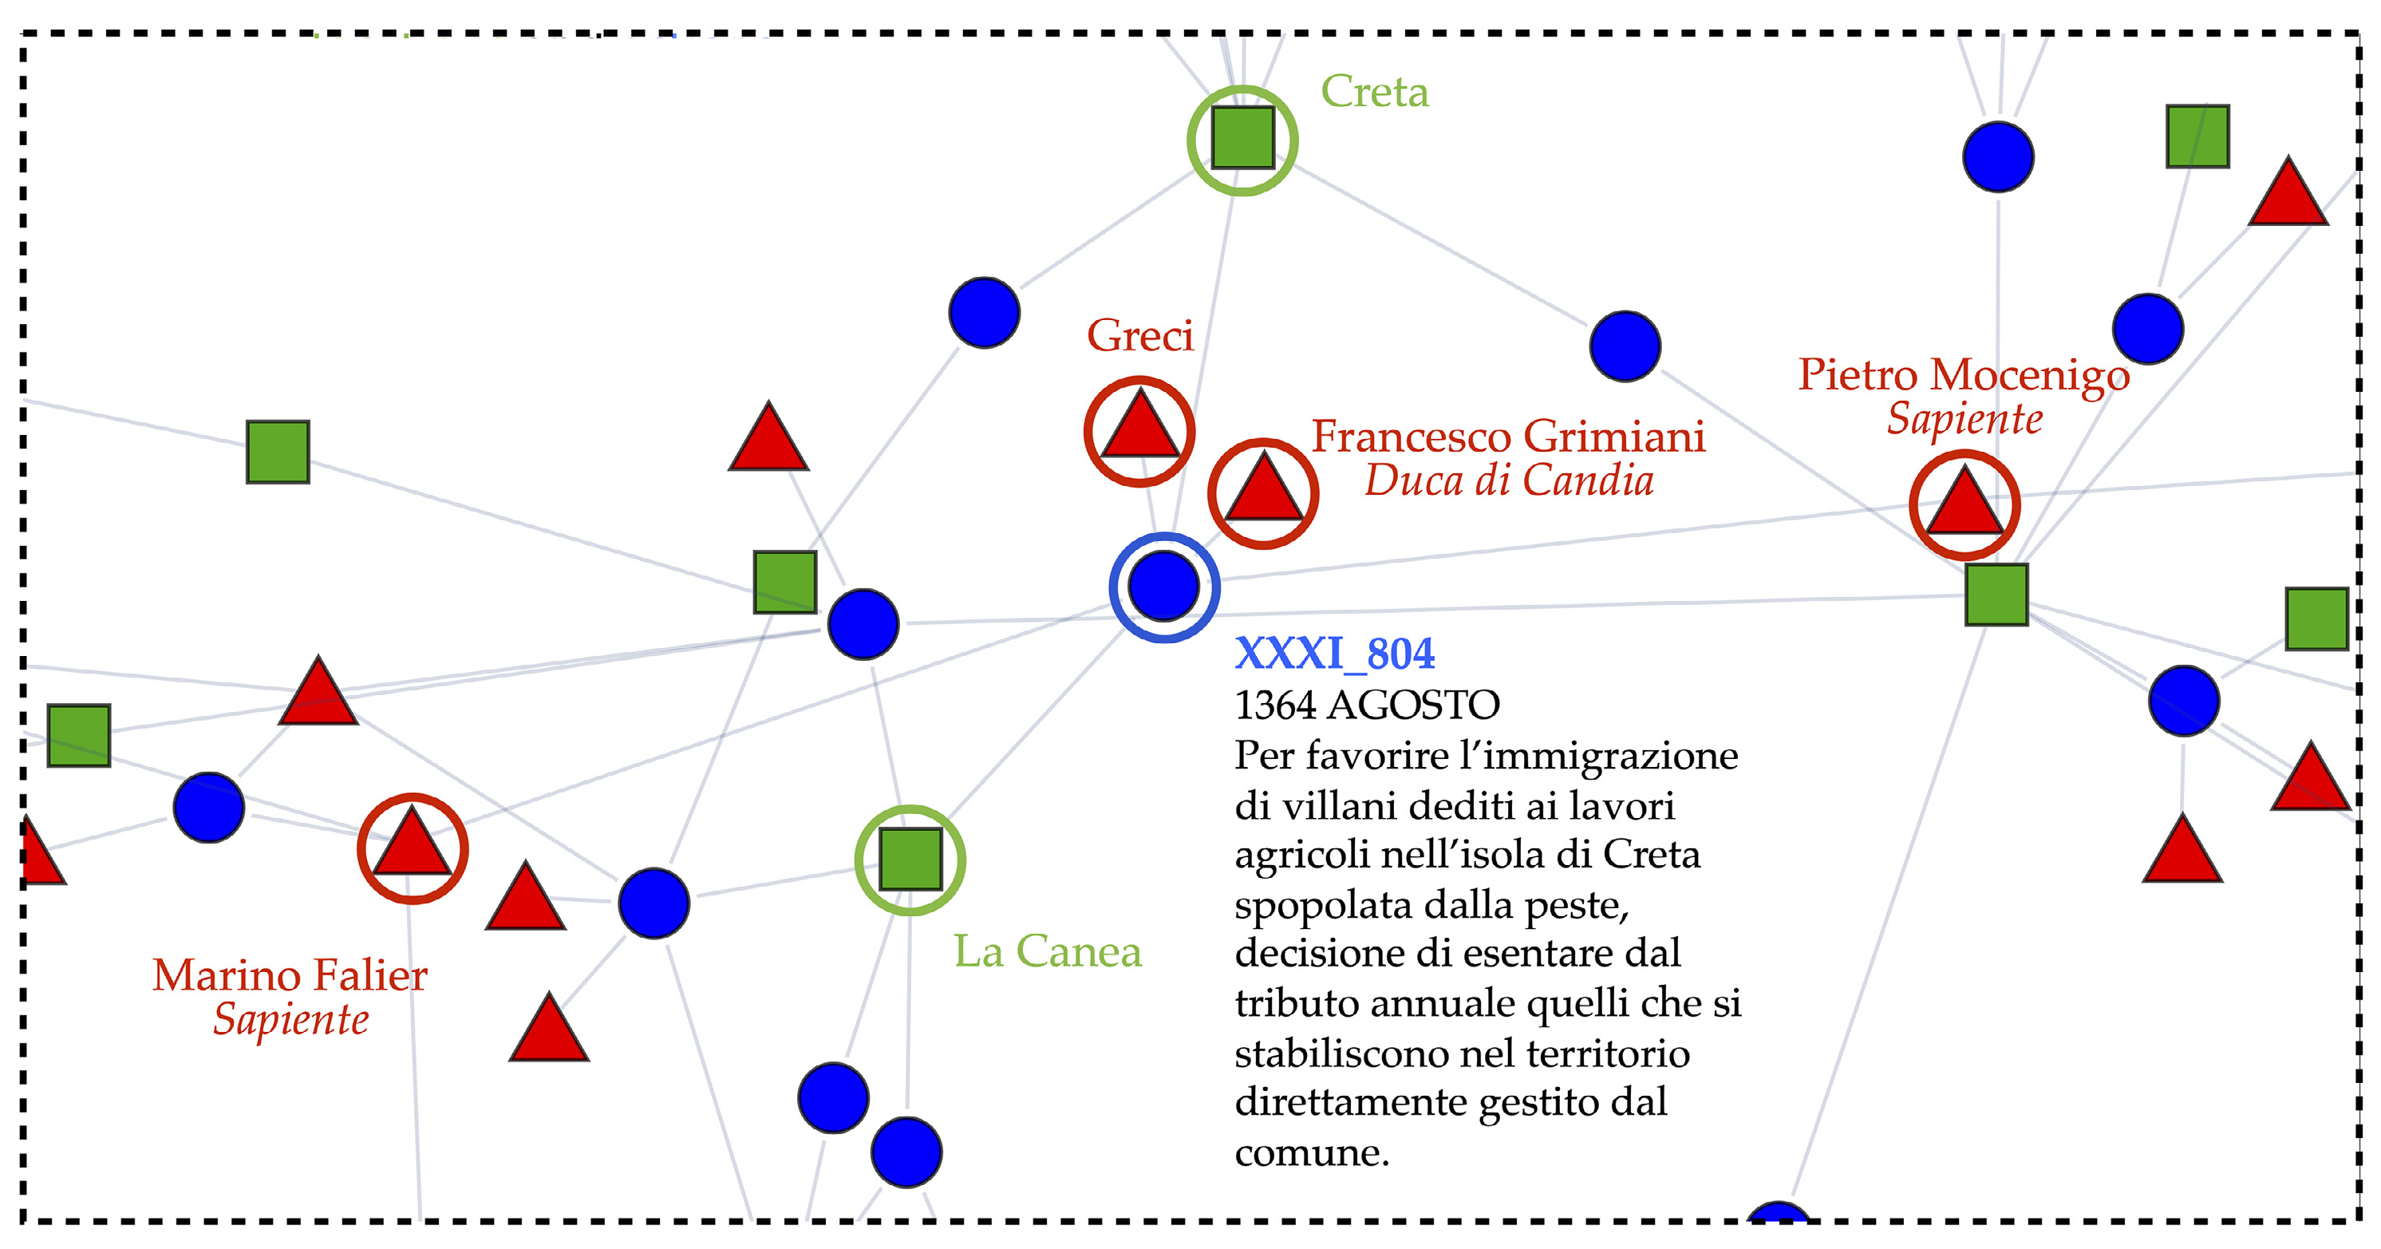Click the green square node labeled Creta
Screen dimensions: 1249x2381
(1242, 138)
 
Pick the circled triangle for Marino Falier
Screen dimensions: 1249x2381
(413, 846)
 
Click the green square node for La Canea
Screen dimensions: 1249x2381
(910, 859)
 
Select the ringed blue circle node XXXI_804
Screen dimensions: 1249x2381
(1163, 586)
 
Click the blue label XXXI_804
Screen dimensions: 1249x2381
(1335, 654)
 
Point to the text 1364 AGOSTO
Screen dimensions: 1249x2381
(1366, 706)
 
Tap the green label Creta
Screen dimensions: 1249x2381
(1375, 92)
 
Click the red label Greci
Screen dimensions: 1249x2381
(1139, 334)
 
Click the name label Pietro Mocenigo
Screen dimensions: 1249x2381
(1963, 374)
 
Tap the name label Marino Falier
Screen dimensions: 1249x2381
(290, 975)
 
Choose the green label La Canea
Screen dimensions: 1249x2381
(1047, 951)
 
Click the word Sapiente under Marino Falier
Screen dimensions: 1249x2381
(290, 1020)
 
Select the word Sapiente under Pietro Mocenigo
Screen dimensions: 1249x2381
(1964, 419)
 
